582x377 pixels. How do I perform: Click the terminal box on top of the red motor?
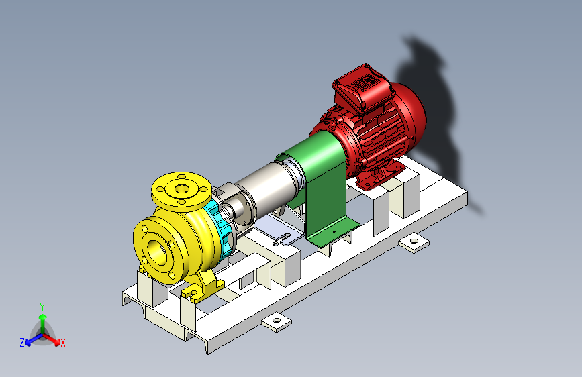360,85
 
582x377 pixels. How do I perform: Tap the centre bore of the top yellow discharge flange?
181,188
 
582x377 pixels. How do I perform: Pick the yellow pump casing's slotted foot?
202,289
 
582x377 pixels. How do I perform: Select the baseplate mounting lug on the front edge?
277,323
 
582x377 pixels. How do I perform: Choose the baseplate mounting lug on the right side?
414,241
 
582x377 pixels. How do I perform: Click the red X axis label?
63,343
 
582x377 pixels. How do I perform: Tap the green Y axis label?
42,306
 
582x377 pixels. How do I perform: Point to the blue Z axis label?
22,342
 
